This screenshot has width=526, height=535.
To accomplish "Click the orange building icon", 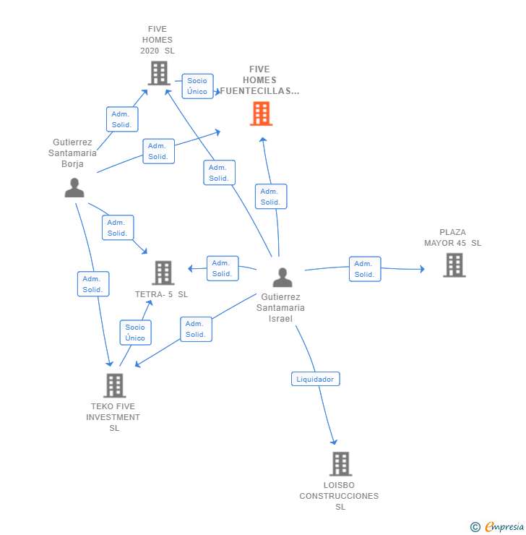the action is (x=261, y=114).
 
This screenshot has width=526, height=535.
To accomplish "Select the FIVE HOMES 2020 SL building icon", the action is (x=159, y=73).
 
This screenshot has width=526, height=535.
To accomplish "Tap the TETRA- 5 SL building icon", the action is (x=163, y=273).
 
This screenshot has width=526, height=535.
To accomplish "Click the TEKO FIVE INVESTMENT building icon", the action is (x=115, y=385).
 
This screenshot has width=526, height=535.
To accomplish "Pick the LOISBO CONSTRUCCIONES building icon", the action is (x=340, y=464).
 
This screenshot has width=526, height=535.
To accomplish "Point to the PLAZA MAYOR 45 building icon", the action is (x=454, y=265).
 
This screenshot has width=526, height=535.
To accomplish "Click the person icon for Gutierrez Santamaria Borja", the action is (x=74, y=188).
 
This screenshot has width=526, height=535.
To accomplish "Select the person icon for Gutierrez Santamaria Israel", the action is (x=283, y=278).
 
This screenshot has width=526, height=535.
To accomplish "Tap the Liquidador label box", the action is (x=315, y=379).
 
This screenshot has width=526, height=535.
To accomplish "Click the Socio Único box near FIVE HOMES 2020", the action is (x=197, y=86).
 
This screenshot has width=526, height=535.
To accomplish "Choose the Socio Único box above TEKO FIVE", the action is (x=135, y=333).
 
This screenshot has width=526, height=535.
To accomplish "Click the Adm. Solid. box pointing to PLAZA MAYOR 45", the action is (x=365, y=269).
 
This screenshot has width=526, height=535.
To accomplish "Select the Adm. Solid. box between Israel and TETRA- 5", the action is (x=223, y=268).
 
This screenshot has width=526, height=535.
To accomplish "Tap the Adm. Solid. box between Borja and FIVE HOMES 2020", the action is (x=122, y=119).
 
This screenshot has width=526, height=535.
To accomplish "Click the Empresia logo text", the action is (x=504, y=526).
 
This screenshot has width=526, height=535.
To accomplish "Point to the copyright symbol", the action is (x=475, y=527).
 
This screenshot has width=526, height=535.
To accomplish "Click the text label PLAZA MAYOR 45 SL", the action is (x=452, y=237).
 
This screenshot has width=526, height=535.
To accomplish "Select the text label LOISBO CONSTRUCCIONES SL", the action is (x=339, y=496).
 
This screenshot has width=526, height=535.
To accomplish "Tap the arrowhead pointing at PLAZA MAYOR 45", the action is (x=423, y=269).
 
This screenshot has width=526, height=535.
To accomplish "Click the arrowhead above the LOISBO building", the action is (x=334, y=442).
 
